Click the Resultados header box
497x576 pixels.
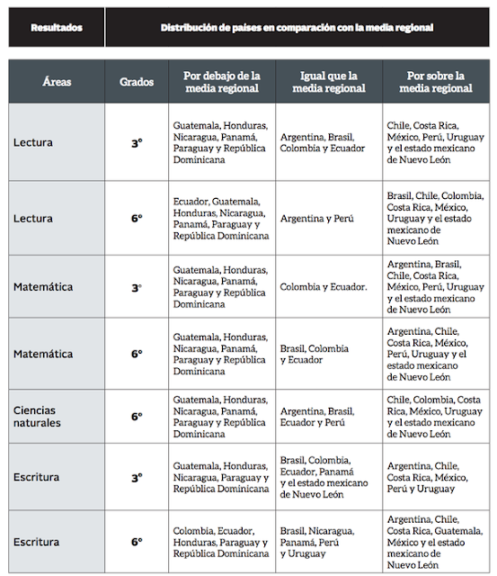pos(57,28)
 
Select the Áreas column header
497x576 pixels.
pos(57,81)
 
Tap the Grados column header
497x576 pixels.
pos(137,81)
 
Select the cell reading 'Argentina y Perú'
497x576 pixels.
pos(328,219)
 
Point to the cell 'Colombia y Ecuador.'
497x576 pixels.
pos(328,287)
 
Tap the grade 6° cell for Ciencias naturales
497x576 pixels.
pos(137,417)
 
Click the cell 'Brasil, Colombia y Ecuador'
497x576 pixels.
pos(328,354)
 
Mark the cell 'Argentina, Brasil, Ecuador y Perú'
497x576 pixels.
pos(328,417)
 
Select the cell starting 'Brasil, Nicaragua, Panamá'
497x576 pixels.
pos(328,543)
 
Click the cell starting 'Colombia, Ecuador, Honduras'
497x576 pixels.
pos(221,543)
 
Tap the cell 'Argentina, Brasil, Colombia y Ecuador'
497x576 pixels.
pos(328,142)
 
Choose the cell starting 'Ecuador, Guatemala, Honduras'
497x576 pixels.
pos(221,219)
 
